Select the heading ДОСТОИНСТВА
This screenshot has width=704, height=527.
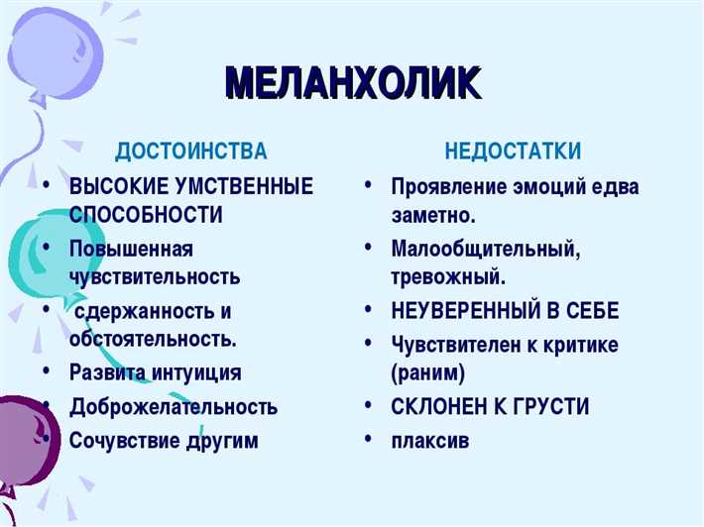[x=191, y=152]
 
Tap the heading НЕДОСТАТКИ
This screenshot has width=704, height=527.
[x=513, y=152]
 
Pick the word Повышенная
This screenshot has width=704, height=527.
[x=131, y=247]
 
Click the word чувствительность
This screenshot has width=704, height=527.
[x=155, y=275]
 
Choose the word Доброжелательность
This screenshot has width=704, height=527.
[x=174, y=406]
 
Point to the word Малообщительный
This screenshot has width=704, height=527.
[x=486, y=248]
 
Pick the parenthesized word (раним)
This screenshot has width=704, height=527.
[x=427, y=372]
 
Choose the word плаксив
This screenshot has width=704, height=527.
[x=429, y=440]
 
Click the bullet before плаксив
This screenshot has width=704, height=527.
[x=369, y=437]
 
